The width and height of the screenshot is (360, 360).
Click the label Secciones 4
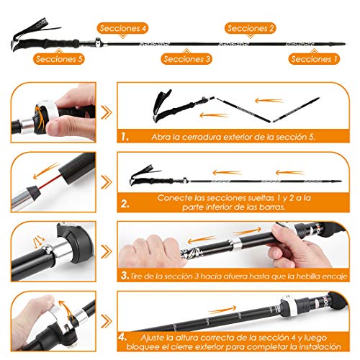[122, 28]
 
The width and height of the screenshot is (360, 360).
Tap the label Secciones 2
[251, 28]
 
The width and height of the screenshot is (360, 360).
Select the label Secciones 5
[59, 59]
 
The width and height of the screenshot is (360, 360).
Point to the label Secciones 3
[186, 59]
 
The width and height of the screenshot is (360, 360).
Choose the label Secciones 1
[314, 59]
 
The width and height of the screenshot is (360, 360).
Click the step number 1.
[125, 137]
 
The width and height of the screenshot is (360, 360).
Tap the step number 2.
[125, 204]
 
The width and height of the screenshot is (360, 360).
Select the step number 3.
[125, 275]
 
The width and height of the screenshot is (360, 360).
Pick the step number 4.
[122, 336]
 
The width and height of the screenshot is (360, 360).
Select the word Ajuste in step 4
[153, 338]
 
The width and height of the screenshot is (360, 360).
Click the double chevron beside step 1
[107, 112]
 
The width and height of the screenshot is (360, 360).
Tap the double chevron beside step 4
[107, 321]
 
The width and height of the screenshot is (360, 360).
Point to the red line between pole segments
[50, 181]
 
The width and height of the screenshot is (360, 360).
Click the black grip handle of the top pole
[48, 44]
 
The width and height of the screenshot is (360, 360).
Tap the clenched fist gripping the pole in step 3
[153, 251]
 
